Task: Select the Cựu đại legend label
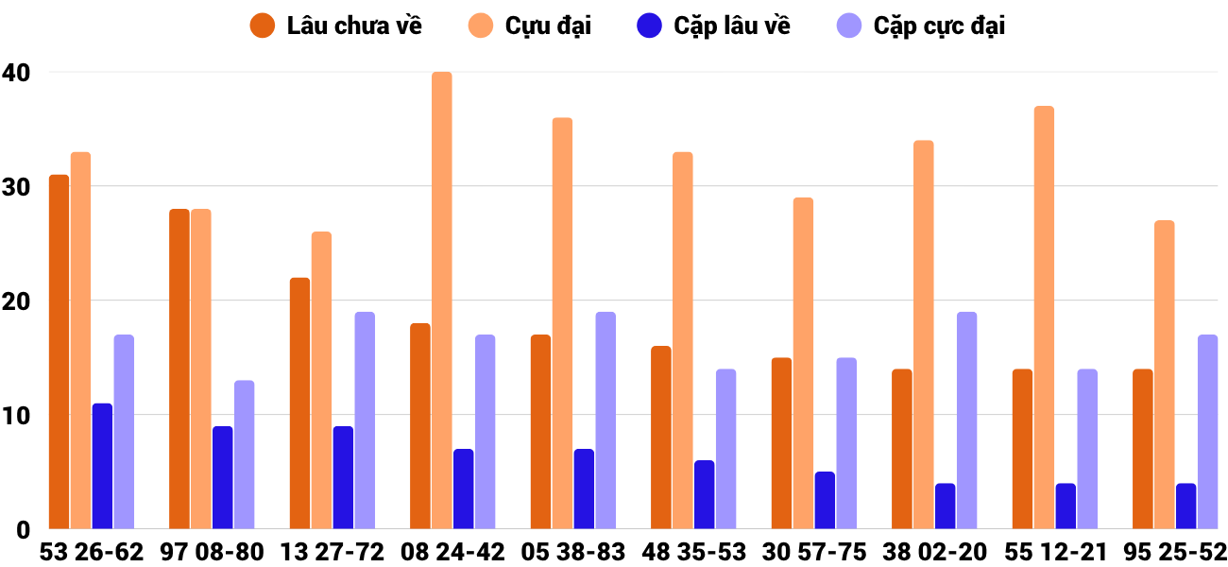(548, 26)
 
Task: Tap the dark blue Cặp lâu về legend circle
(649, 26)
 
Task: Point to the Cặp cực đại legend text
(939, 26)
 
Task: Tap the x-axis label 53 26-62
(92, 552)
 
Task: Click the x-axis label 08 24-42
(452, 552)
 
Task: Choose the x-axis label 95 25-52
(1175, 552)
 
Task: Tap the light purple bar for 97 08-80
(245, 455)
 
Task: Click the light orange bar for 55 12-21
(1044, 318)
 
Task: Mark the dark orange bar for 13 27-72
(299, 404)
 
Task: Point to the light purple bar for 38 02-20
(966, 421)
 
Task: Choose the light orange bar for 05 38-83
(562, 323)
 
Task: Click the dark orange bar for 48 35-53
(660, 438)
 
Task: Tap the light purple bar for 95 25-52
(1207, 432)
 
